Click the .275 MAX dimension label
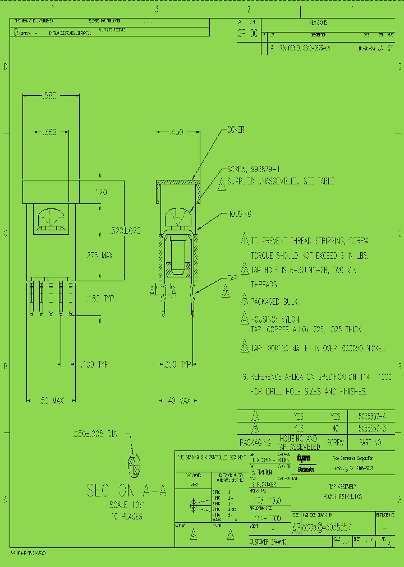[98, 255]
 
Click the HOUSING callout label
[240, 213]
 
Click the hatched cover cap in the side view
[177, 183]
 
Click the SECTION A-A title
[127, 491]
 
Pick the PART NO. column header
[371, 443]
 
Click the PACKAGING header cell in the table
[256, 443]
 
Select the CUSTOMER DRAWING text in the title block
[269, 542]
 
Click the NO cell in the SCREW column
[335, 428]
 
